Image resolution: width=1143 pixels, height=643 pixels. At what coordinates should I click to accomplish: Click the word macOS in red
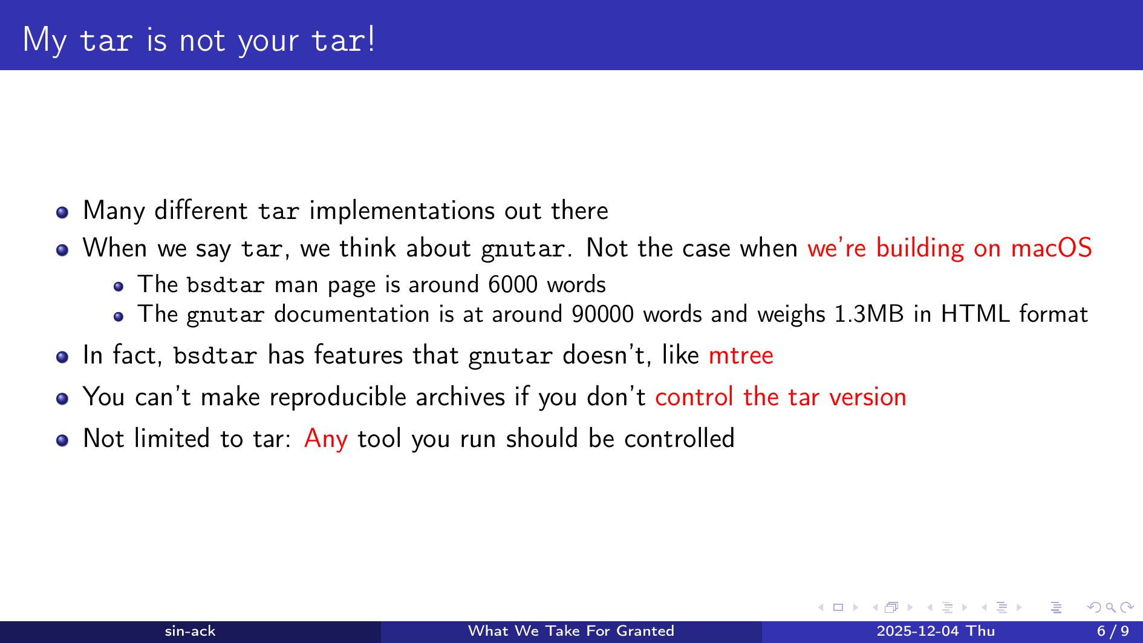[1051, 248]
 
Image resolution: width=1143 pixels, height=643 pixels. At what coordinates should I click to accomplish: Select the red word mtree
[741, 356]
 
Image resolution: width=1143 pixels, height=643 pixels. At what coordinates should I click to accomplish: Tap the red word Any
[326, 439]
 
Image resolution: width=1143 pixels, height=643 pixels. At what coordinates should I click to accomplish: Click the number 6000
[513, 284]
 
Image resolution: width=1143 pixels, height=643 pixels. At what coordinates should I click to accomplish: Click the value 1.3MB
[869, 315]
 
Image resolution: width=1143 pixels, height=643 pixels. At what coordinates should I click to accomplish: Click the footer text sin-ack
[190, 632]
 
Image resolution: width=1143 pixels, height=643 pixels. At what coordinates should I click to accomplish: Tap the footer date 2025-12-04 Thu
[936, 632]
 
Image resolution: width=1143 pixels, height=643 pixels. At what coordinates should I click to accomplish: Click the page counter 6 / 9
[1113, 632]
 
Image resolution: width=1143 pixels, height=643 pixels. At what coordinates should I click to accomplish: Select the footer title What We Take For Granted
[571, 632]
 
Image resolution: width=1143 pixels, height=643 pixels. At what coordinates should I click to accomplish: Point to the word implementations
[402, 211]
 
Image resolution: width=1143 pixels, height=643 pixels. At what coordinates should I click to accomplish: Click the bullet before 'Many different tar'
[62, 212]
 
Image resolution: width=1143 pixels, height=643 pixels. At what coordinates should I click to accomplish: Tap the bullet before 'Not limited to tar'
[62, 440]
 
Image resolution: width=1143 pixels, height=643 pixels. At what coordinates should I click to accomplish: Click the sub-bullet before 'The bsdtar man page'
[119, 287]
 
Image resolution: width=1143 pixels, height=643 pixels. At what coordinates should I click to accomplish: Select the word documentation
[351, 315]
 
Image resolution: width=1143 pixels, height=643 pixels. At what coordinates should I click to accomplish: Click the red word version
[867, 397]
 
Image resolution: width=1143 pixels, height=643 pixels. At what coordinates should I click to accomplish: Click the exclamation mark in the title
[371, 39]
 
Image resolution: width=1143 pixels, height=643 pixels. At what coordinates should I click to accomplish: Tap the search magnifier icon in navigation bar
[1110, 607]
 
